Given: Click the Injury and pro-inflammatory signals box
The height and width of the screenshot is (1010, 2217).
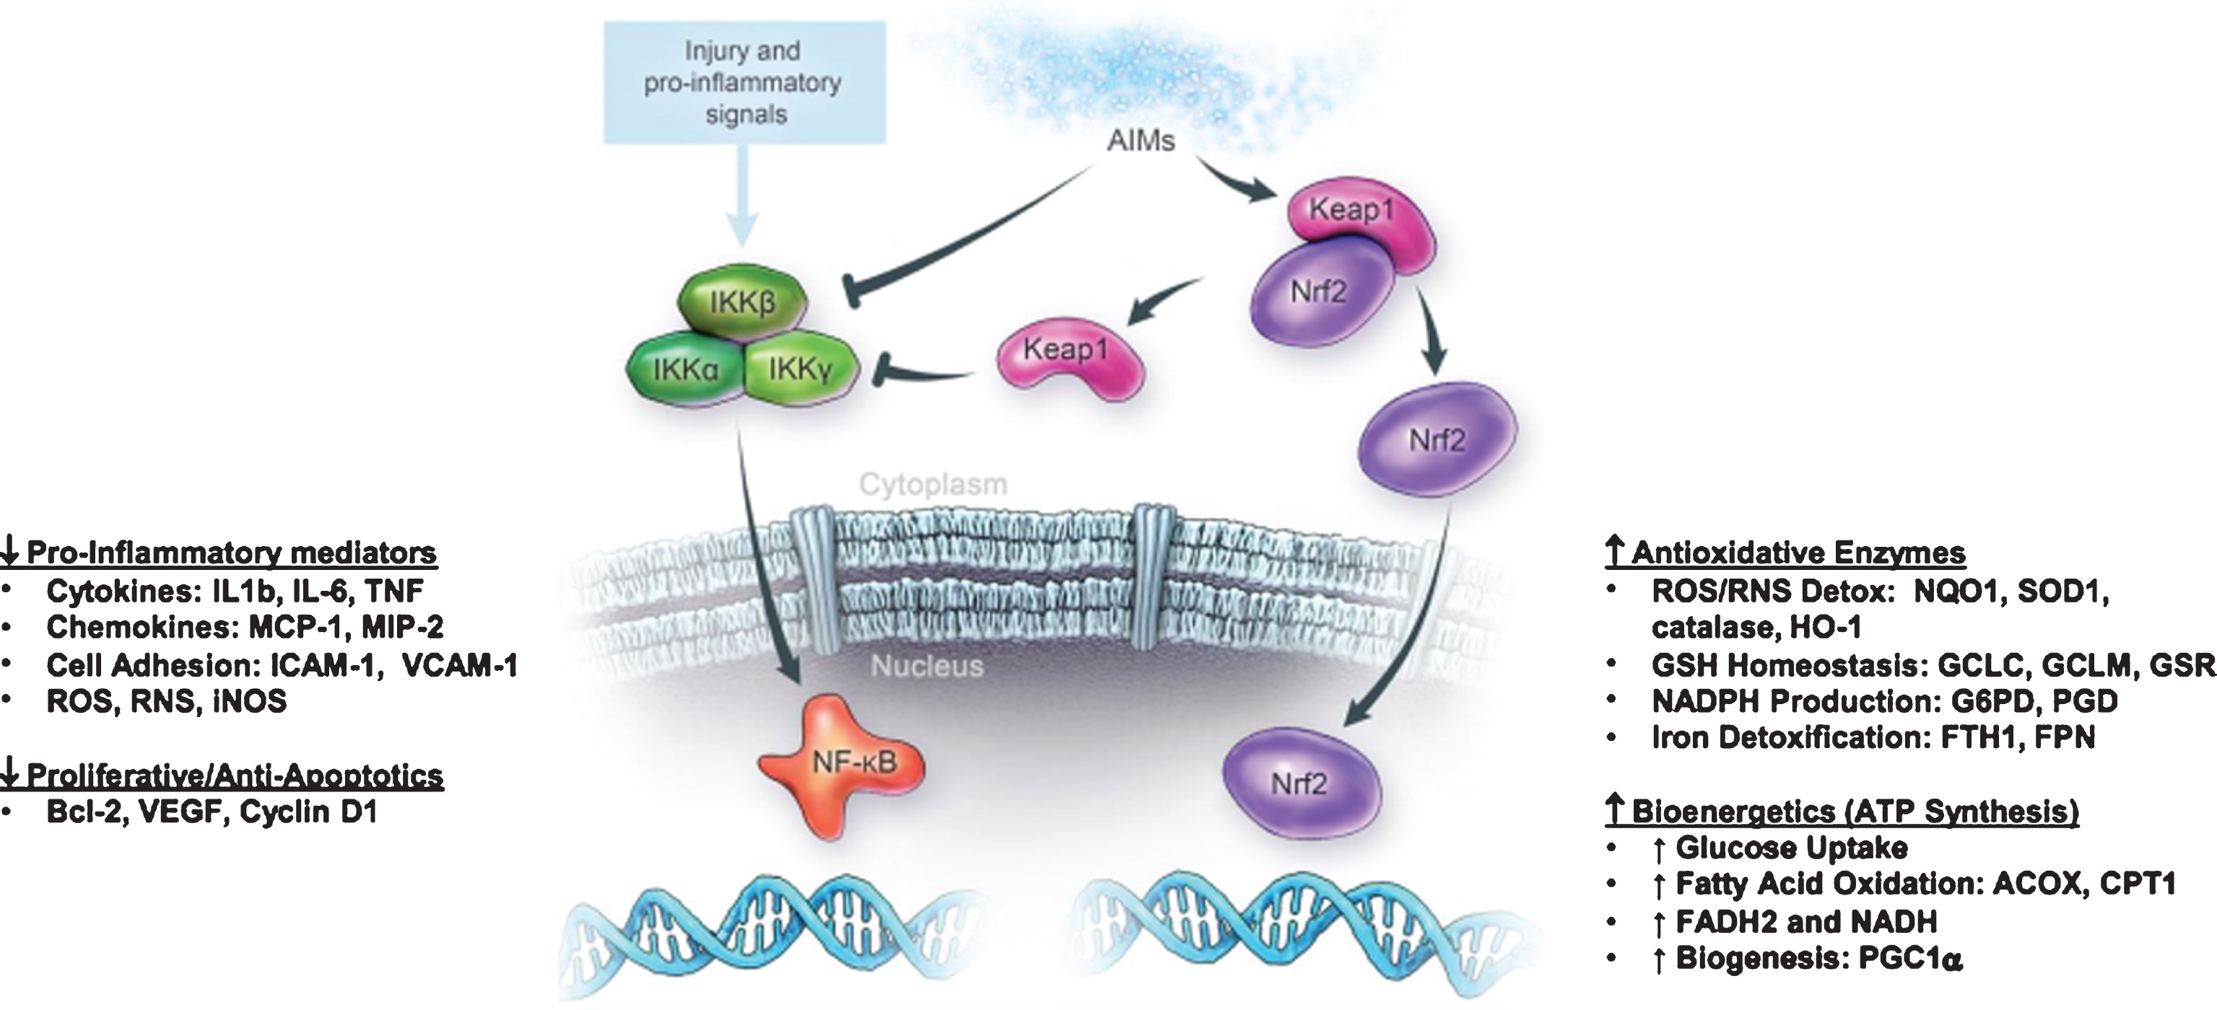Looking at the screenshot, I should coord(744,82).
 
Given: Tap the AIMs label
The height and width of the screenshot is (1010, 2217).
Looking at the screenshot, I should coord(1141,140).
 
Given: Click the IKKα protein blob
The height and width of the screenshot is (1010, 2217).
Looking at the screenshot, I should coord(685,371).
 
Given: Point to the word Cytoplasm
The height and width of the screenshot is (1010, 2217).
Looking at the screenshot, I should coord(933,484).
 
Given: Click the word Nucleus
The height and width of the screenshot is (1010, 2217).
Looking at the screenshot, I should coord(927,666).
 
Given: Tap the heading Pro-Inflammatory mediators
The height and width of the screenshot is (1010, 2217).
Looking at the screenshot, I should coord(230,553).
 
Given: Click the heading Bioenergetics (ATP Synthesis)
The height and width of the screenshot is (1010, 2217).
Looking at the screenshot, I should coord(1854,812).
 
